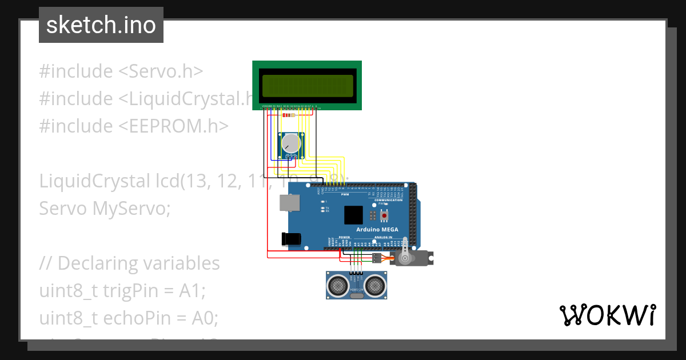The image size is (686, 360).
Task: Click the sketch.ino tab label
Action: tap(101, 25)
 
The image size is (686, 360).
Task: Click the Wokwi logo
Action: tap(607, 315)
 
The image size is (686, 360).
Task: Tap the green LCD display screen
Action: tap(307, 85)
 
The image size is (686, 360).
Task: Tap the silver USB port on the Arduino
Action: tap(289, 203)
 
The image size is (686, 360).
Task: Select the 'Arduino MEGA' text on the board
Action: tap(377, 229)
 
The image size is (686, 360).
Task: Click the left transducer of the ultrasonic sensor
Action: tap(338, 283)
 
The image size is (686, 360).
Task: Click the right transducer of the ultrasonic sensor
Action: tap(375, 283)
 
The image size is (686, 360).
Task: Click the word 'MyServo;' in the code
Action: tap(131, 209)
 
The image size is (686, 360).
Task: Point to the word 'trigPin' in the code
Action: tap(124, 291)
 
